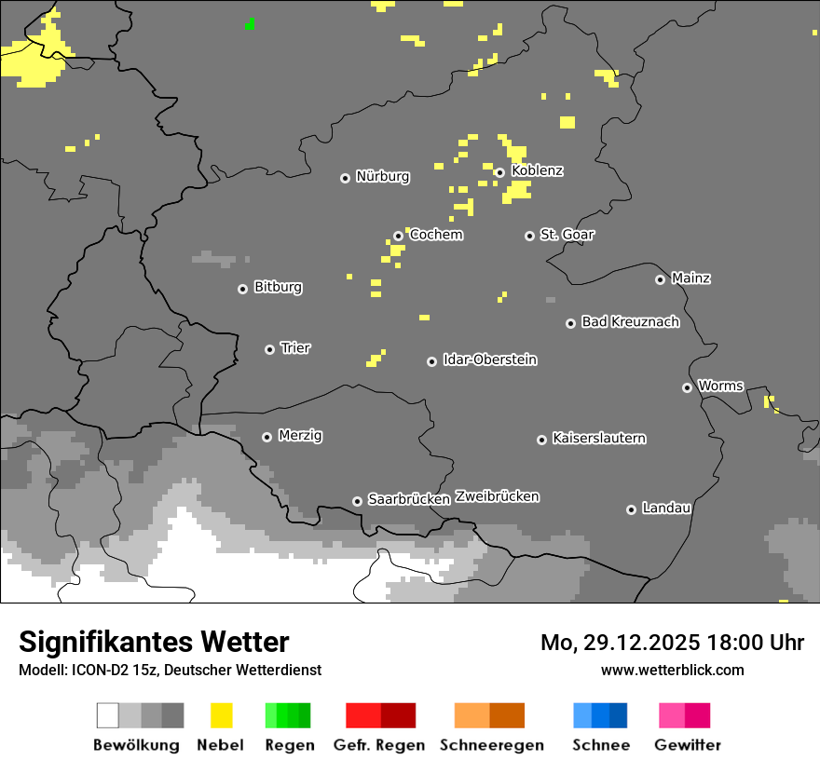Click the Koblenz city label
[x=537, y=170]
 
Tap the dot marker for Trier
[x=270, y=349]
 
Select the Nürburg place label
[x=383, y=176]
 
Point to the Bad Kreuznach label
[x=630, y=322]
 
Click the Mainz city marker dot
[x=661, y=279]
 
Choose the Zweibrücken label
[x=497, y=496]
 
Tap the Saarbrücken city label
[x=409, y=499]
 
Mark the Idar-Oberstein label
[x=490, y=359]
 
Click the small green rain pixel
[x=250, y=24]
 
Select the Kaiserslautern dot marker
[x=542, y=440]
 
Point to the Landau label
[x=666, y=509]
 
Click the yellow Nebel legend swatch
[x=221, y=715]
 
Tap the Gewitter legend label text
[x=688, y=745]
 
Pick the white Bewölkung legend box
[x=108, y=715]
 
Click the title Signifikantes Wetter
[x=154, y=642]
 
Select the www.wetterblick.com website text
[x=673, y=670]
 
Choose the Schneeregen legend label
[x=492, y=745]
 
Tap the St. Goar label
[x=567, y=235]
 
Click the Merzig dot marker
[x=267, y=437]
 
